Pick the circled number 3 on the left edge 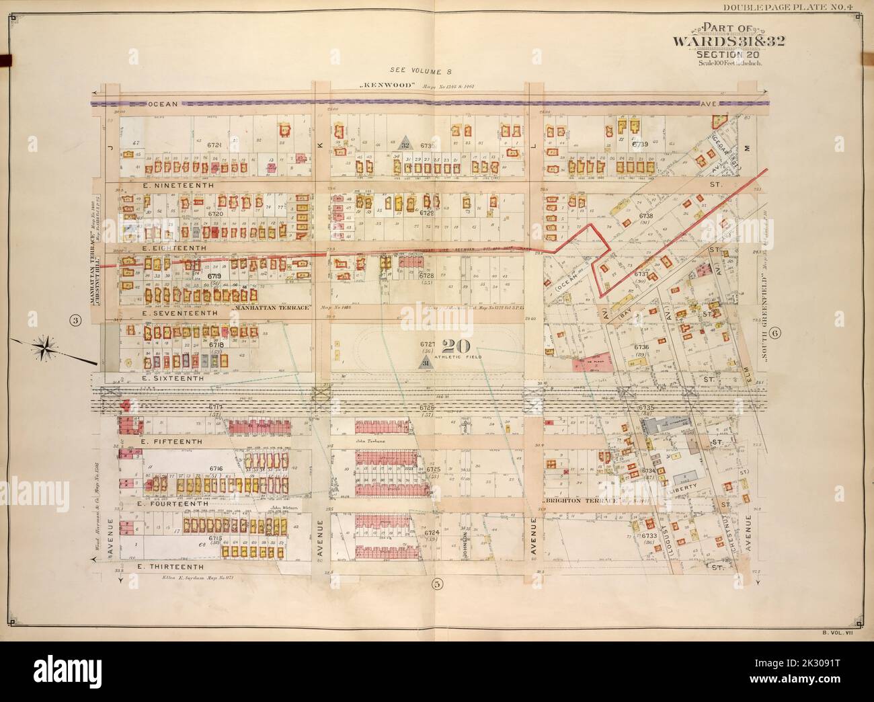tap(76, 321)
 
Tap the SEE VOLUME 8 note tap(414, 69)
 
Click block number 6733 tap(649, 536)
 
